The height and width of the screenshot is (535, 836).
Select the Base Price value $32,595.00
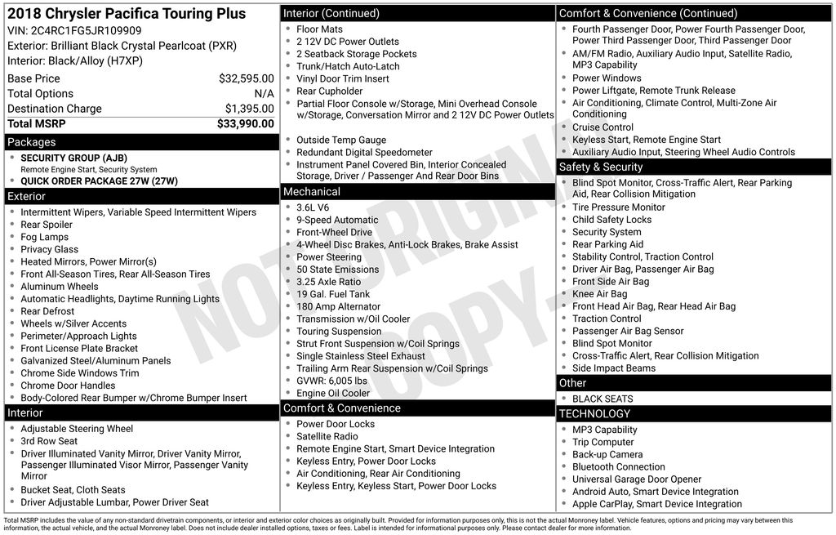[246, 78]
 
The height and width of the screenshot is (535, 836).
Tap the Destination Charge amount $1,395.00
[249, 109]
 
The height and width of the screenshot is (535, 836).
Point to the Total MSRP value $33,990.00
[245, 123]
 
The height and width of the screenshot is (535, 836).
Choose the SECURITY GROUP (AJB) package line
[73, 158]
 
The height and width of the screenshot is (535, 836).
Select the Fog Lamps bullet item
[45, 237]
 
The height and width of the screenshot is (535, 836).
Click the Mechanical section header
[311, 192]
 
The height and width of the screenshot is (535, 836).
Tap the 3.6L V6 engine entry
[313, 207]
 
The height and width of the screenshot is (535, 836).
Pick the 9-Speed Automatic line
[337, 220]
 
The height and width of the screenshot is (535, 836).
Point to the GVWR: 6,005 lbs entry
[333, 381]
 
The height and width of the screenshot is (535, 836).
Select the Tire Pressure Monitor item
[618, 207]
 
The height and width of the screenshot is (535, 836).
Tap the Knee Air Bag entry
[599, 294]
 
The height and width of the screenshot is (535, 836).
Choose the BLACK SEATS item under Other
[603, 399]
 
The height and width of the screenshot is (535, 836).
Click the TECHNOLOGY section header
[594, 414]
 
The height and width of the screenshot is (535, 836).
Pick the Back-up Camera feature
[607, 454]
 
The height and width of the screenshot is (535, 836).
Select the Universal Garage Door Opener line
[637, 479]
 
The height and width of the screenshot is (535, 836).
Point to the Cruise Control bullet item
[603, 127]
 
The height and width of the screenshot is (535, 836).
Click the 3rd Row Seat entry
[49, 441]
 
